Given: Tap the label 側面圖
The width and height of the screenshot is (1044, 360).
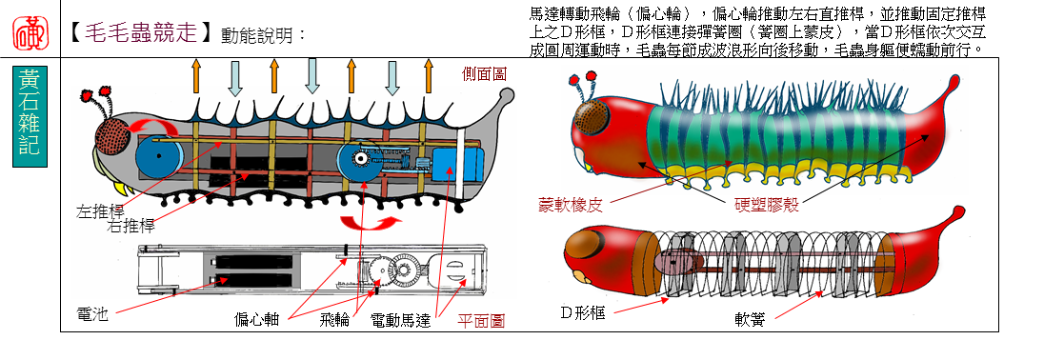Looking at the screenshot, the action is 484,73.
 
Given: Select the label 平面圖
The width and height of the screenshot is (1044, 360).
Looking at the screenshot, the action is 480,321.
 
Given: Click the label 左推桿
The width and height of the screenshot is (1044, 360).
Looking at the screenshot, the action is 100,212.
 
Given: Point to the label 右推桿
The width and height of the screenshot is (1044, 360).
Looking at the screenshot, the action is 130,227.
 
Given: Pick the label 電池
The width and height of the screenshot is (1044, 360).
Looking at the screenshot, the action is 92,314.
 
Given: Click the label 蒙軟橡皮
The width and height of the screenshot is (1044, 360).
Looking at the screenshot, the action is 571,205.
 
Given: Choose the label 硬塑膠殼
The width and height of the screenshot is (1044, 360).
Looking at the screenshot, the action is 767,205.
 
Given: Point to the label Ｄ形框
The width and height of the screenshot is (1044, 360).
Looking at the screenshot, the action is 583,312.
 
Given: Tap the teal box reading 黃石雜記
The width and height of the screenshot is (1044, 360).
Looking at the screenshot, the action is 30,111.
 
